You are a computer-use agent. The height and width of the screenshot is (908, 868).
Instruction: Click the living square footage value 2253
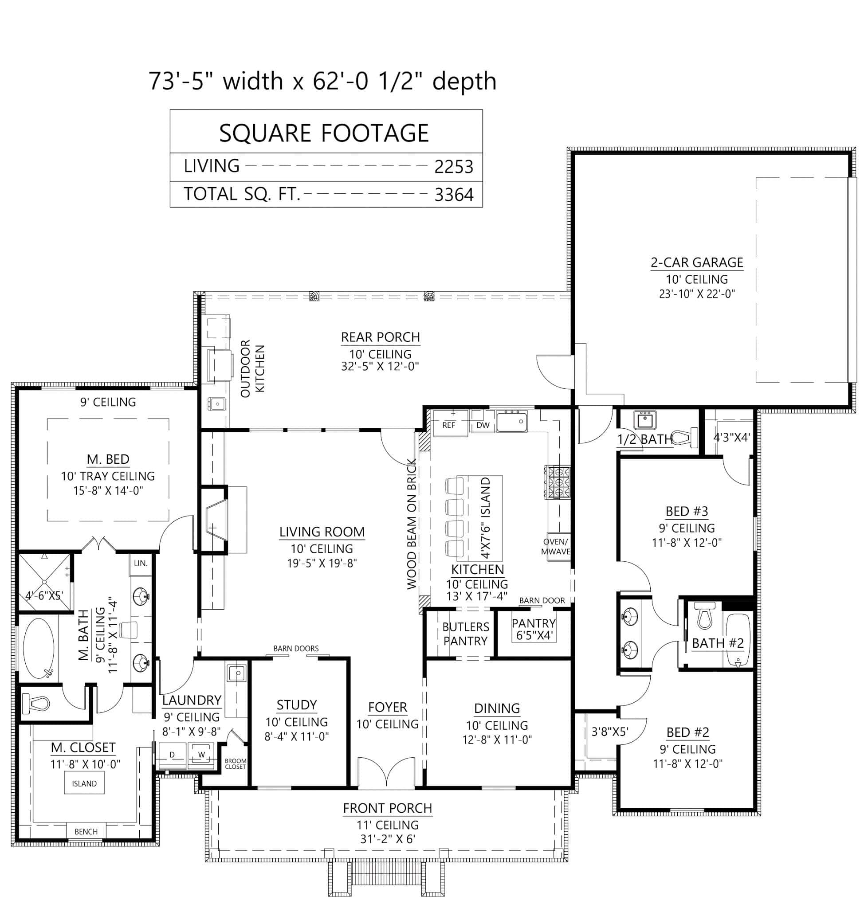pos(453,167)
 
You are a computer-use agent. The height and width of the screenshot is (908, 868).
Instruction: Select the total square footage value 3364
pos(453,195)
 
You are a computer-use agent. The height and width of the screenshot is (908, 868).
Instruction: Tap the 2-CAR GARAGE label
pos(696,262)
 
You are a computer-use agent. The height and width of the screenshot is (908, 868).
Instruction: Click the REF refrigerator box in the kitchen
pos(448,425)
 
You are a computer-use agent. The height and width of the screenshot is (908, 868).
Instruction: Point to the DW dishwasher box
pos(483,425)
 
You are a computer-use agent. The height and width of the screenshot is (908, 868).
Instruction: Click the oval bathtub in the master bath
pos(39,649)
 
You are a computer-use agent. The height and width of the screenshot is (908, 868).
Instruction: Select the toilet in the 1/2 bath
pos(685,438)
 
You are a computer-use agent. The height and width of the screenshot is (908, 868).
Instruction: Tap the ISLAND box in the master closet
pos(84,783)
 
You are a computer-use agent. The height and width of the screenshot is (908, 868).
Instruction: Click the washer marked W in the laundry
pos(201,755)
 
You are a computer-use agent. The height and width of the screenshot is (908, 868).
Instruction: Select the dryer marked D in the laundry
pos(172,755)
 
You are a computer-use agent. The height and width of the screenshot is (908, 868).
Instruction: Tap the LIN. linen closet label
pos(141,564)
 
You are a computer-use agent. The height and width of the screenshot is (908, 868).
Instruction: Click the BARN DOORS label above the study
pos(296,649)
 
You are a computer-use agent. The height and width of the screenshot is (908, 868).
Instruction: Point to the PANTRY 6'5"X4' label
pos(534,629)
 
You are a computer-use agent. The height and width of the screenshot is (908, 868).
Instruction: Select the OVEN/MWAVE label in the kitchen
pos(555,546)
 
